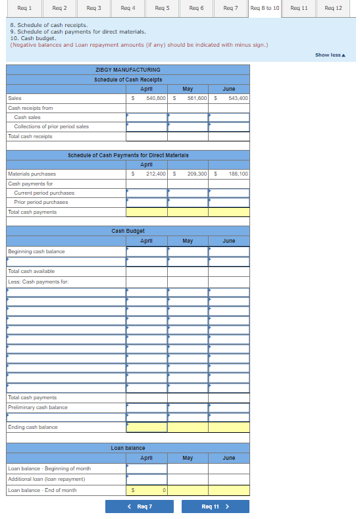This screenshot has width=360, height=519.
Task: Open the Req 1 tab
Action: pos(25,8)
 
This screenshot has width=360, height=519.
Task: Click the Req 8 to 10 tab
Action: pos(265,8)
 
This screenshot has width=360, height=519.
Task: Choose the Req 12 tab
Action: pos(334,8)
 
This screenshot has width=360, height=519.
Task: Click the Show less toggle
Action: pos(330,55)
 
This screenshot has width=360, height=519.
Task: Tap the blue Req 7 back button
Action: pos(140,507)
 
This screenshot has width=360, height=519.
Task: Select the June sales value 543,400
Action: pos(238,98)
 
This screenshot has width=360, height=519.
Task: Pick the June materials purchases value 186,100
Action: pos(238,174)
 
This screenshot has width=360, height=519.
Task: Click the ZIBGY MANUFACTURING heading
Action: pos(128,70)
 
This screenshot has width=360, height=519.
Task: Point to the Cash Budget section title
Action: pos(128,231)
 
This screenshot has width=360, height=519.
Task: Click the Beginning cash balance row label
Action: pos(36,251)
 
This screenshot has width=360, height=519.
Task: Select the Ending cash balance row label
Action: pos(32,427)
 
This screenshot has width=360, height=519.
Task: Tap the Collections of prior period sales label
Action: pos(51,126)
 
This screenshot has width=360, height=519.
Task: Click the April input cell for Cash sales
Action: pos(147,117)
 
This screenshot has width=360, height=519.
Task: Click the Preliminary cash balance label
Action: pos(38,407)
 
